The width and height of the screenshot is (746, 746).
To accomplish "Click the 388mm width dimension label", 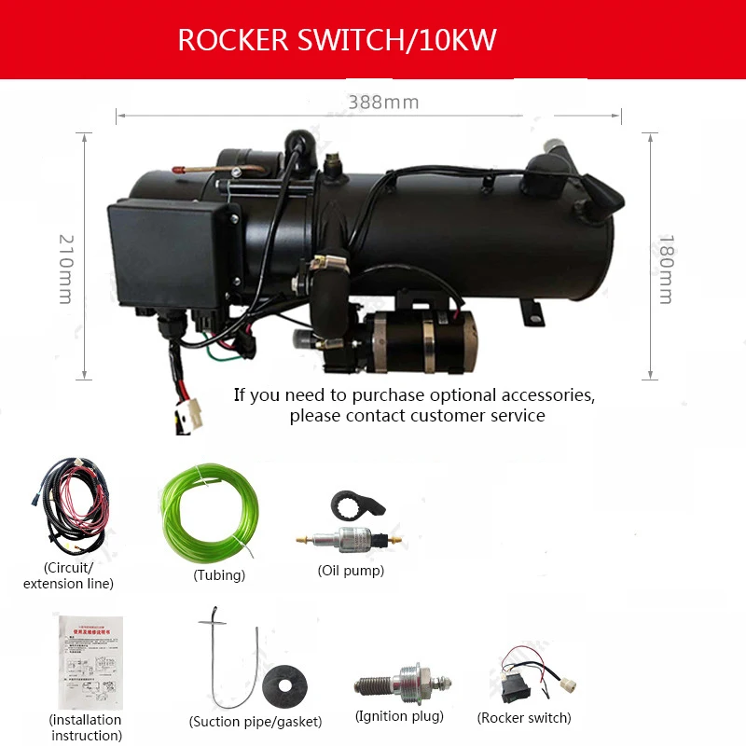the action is coord(383,103).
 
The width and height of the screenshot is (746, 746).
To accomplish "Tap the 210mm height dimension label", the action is coord(64,268).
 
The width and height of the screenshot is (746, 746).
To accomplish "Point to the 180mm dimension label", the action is coord(665,268).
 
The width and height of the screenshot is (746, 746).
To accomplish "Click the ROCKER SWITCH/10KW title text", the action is coord(337,41).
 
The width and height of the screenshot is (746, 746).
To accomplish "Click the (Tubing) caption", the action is coord(219,575).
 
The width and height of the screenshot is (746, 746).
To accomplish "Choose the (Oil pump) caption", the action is coord(351,571).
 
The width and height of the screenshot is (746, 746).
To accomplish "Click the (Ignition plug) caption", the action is coord(399,716).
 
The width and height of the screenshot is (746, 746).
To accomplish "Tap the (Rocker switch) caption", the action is coord(524,717).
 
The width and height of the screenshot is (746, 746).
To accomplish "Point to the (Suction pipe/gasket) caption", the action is coord(256,721).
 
